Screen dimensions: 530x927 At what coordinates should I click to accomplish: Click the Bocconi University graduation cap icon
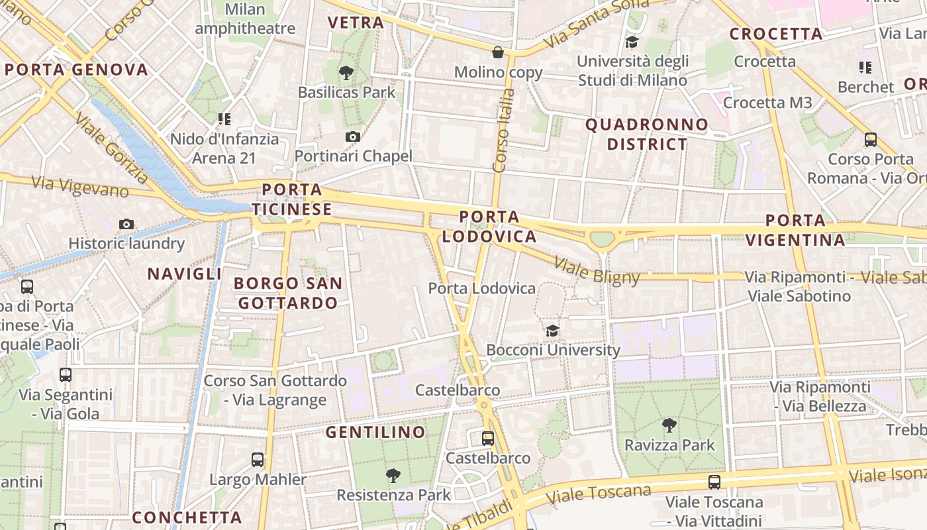click(552, 331)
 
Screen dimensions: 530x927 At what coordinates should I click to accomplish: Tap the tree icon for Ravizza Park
click(669, 425)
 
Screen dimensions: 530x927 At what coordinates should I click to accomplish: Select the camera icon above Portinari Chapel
click(353, 136)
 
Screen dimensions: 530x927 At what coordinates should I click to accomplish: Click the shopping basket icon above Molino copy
click(498, 52)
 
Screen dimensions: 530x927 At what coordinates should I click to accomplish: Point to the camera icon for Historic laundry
click(126, 224)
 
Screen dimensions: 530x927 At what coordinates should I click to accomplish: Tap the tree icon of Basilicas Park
click(346, 73)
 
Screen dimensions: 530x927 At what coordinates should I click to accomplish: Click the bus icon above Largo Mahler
click(258, 459)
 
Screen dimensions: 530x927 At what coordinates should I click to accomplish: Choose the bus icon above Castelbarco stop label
click(488, 438)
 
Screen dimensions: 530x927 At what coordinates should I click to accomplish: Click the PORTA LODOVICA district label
click(489, 227)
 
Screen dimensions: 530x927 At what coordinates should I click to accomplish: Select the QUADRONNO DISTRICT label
click(647, 134)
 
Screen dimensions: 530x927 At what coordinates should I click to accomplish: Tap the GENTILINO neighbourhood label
click(375, 432)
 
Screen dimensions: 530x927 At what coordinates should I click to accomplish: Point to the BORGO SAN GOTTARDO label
click(288, 293)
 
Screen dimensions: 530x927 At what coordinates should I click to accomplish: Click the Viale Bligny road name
click(597, 270)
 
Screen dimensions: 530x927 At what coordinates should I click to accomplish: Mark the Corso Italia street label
click(505, 130)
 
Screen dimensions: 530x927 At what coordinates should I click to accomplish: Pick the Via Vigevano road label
click(80, 185)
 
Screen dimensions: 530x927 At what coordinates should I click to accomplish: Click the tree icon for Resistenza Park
click(393, 475)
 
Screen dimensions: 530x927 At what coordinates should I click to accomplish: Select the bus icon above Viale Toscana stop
click(714, 482)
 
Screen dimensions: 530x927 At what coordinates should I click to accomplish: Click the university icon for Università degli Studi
click(632, 42)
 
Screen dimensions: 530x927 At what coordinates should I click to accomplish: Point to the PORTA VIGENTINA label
click(795, 230)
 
